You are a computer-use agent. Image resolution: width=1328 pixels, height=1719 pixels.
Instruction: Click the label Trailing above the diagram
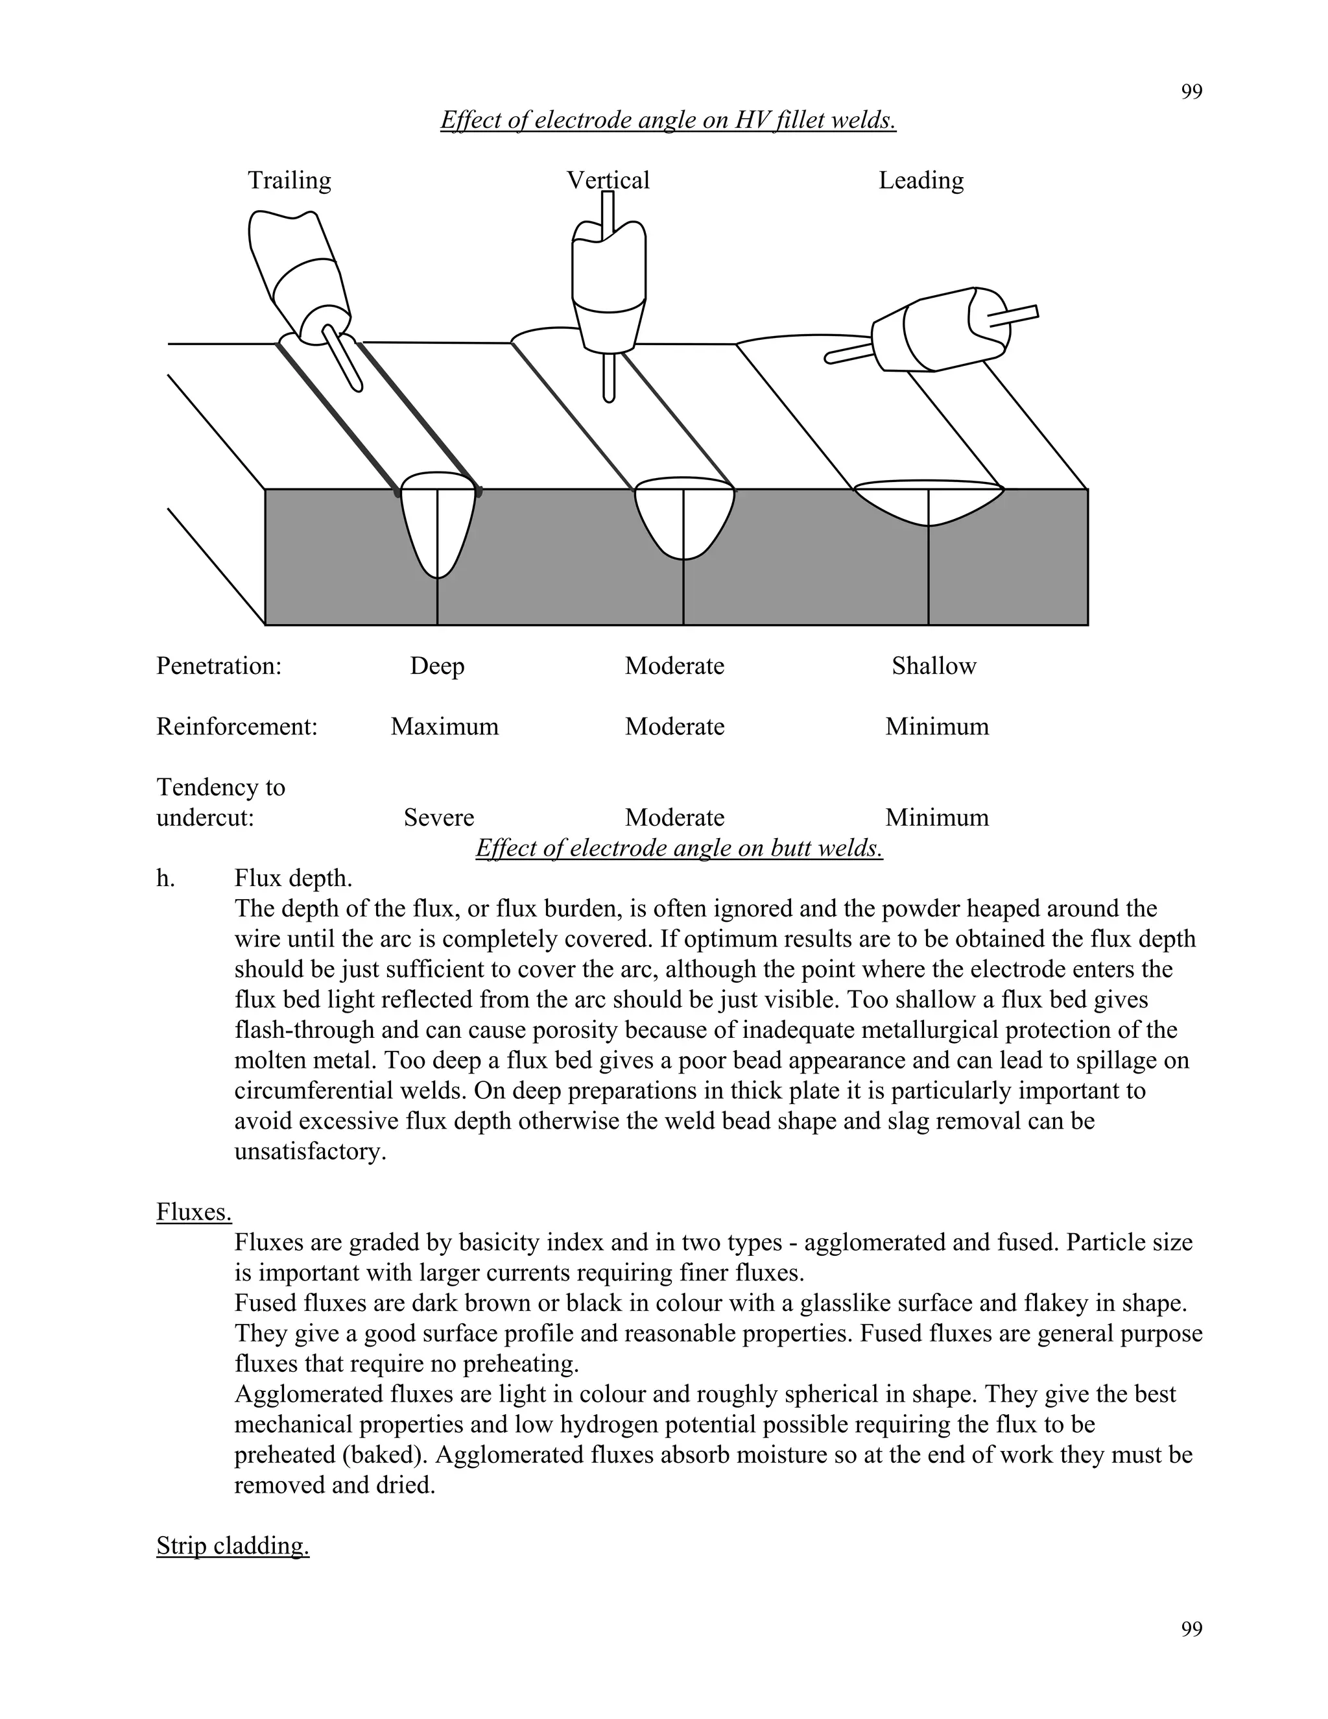click(289, 180)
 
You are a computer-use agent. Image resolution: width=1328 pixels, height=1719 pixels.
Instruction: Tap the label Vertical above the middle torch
click(608, 180)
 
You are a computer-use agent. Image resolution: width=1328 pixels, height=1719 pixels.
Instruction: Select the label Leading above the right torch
click(921, 180)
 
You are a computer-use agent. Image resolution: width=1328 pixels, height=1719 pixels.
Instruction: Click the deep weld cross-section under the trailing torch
click(438, 523)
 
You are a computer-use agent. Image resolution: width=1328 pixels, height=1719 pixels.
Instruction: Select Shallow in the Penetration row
click(933, 666)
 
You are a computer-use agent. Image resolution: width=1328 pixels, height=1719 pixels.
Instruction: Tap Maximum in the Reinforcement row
click(444, 727)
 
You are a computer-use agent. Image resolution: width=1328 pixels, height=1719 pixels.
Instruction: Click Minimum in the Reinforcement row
click(936, 727)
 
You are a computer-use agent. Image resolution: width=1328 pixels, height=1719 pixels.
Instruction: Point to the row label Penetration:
click(219, 666)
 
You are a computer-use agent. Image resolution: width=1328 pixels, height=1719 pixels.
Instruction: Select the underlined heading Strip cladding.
click(232, 1546)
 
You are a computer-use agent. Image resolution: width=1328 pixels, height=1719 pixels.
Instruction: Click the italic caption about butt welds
click(679, 848)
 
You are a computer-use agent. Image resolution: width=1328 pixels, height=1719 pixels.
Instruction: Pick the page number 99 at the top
click(1191, 92)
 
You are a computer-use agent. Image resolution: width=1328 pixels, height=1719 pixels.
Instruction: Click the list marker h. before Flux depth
click(165, 878)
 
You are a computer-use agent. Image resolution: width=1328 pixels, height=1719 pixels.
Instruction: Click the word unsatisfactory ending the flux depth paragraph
click(310, 1151)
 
